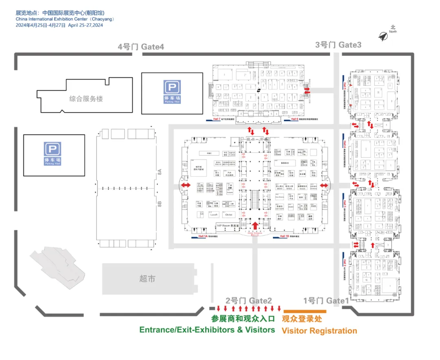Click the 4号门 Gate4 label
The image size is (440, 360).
point(141,47)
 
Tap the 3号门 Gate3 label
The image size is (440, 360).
point(338,45)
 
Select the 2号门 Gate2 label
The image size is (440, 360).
point(249,300)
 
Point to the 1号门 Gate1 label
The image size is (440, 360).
point(326,301)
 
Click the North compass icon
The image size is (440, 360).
point(383,36)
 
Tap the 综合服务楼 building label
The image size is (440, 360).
point(86,99)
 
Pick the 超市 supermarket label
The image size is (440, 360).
point(147,279)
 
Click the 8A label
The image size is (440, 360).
point(160,172)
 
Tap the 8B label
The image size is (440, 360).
point(160,203)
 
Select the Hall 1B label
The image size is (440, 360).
point(284,236)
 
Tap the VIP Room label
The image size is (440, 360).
point(227,225)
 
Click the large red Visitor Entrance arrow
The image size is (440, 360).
point(255,225)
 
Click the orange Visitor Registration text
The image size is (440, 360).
point(319,331)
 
